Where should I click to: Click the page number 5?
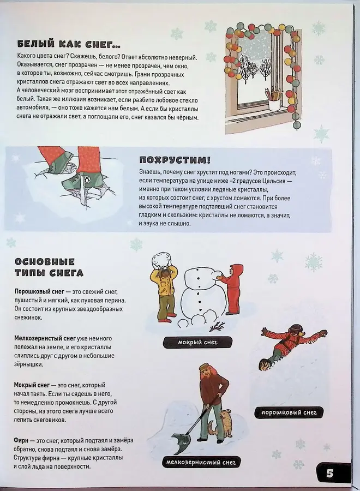pyautogui.click(x=330, y=472)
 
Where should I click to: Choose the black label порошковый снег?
pyautogui.click(x=289, y=412)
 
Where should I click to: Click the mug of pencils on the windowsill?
pyautogui.click(x=273, y=99)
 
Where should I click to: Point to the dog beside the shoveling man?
pyautogui.click(x=224, y=423)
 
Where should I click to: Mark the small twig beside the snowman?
pyautogui.click(x=216, y=326)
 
